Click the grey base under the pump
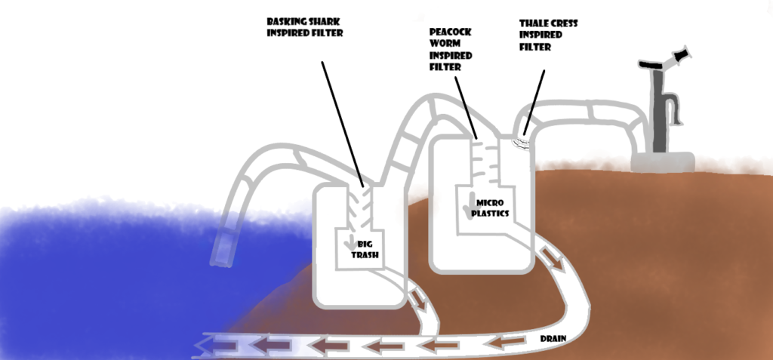click(x=664, y=161)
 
